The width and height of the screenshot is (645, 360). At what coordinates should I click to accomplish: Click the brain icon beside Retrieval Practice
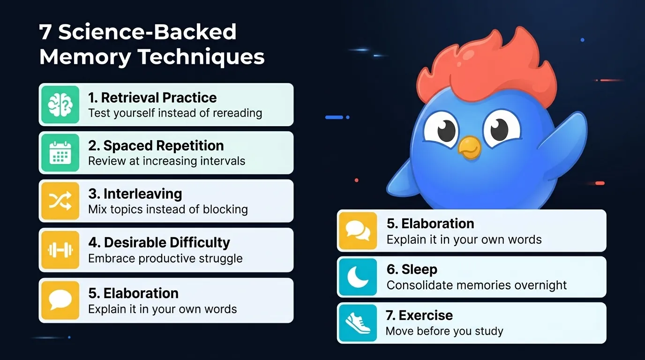tap(60, 105)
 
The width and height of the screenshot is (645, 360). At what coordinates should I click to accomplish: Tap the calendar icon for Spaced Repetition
tap(60, 153)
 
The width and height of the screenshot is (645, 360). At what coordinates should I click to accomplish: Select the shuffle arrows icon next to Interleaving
tap(60, 201)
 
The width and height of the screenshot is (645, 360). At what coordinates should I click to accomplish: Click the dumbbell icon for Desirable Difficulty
tap(60, 250)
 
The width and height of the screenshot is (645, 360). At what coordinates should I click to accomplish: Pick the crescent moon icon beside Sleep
tap(358, 277)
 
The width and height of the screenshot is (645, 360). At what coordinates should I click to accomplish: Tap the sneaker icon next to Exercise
tap(358, 323)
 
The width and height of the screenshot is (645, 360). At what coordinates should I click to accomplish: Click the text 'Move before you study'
tap(444, 331)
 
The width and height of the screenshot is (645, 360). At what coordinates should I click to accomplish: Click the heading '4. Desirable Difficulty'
tap(159, 242)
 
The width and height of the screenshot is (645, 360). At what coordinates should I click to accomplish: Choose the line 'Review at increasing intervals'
tap(167, 161)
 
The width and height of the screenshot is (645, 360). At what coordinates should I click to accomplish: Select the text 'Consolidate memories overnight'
tap(477, 285)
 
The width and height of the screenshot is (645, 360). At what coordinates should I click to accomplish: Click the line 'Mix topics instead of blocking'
tap(168, 210)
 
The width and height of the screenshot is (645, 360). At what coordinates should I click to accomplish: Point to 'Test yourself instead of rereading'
tap(175, 113)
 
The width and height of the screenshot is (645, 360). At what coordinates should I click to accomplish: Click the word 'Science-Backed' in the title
tap(147, 32)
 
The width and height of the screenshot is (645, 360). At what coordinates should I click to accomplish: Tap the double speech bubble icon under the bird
tap(358, 230)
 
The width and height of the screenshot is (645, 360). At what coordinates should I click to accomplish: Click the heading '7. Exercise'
tap(420, 315)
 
